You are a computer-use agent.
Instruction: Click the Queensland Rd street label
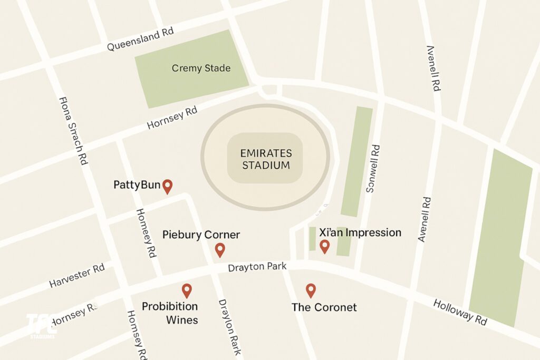pyautogui.click(x=140, y=40)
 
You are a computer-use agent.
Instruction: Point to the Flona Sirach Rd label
pyautogui.click(x=73, y=131)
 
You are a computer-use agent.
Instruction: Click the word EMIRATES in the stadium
pyautogui.click(x=265, y=153)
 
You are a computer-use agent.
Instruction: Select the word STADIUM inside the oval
pyautogui.click(x=265, y=166)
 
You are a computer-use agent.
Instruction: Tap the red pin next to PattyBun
pyautogui.click(x=167, y=186)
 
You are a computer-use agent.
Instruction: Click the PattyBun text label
pyautogui.click(x=137, y=185)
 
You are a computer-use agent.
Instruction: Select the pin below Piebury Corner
pyautogui.click(x=220, y=250)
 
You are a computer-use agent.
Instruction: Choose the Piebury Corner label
pyautogui.click(x=201, y=235)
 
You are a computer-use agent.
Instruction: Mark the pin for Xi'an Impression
pyautogui.click(x=324, y=246)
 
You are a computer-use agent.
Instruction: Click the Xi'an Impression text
pyautogui.click(x=360, y=232)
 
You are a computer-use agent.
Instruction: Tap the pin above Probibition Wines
pyautogui.click(x=186, y=290)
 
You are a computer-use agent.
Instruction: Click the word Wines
pyautogui.click(x=182, y=319)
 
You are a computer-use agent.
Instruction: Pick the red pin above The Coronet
pyautogui.click(x=311, y=289)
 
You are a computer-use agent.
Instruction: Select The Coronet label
pyautogui.click(x=324, y=307)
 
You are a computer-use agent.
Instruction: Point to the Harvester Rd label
pyautogui.click(x=77, y=276)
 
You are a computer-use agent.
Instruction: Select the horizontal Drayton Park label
pyautogui.click(x=257, y=268)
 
